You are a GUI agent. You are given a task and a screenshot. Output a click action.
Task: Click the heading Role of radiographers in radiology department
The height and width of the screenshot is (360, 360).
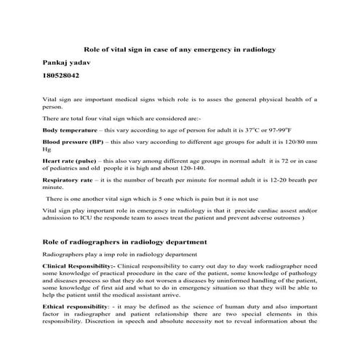[125, 241]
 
